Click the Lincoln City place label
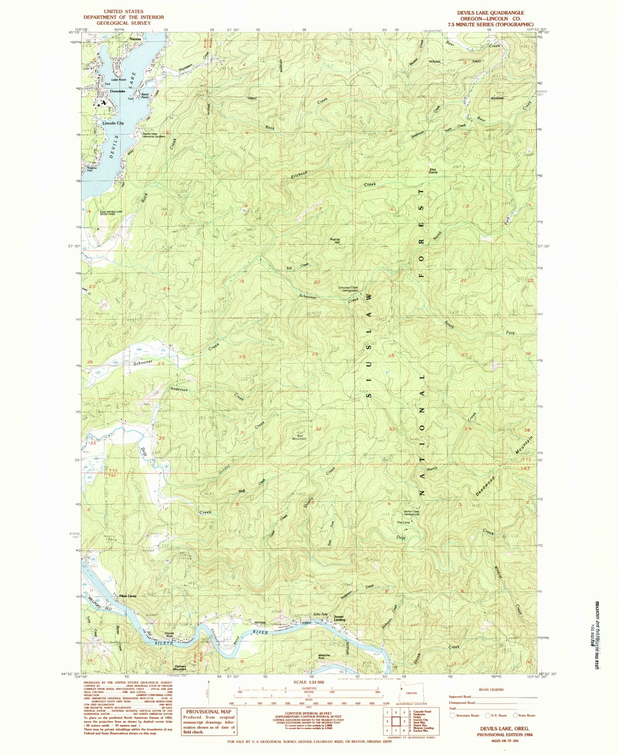pyautogui.click(x=113, y=123)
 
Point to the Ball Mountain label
pyautogui.click(x=299, y=437)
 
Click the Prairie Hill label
pyautogui.click(x=334, y=241)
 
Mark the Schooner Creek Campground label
pyautogui.click(x=348, y=289)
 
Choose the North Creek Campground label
pyautogui.click(x=412, y=513)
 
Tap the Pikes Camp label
pyautogui.click(x=127, y=596)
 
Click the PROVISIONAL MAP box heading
pyautogui.click(x=209, y=712)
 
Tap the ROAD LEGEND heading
pyautogui.click(x=493, y=690)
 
